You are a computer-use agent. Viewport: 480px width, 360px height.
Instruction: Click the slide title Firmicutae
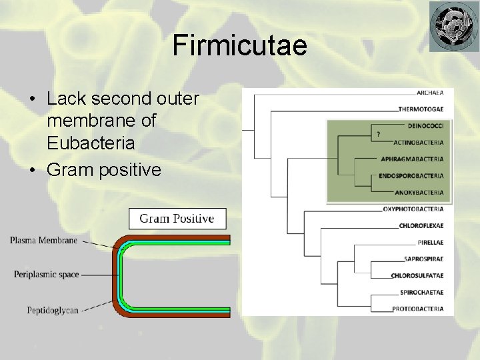tap(239, 45)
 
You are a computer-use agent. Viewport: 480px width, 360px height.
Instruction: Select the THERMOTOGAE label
tap(421, 109)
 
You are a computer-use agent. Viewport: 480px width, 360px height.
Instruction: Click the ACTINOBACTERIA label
tap(418, 142)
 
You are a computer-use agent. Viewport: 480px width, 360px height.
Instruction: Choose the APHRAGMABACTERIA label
tap(412, 159)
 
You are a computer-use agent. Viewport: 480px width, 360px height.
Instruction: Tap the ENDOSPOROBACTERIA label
tap(411, 176)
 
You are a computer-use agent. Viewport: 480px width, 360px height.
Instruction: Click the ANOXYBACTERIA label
tap(419, 193)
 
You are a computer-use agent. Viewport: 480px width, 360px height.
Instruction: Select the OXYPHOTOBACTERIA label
tap(413, 209)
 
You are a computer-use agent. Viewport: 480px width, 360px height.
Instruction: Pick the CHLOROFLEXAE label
tap(421, 226)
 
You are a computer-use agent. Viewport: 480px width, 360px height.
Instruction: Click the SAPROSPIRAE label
tap(424, 259)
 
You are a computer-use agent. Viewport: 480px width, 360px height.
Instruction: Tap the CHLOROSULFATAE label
tap(417, 275)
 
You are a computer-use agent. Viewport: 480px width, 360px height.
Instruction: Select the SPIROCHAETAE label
tap(422, 292)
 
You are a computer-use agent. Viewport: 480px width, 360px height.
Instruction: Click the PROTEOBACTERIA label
tap(418, 309)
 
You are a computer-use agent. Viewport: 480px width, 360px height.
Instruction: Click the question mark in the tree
tap(379, 134)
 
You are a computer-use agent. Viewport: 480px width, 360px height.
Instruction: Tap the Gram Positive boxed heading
tap(177, 219)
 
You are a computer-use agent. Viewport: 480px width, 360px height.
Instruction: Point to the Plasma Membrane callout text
tap(43, 241)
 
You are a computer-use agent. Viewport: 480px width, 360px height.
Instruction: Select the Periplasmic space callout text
tap(46, 274)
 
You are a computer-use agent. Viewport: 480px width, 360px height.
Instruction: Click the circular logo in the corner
tap(453, 26)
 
